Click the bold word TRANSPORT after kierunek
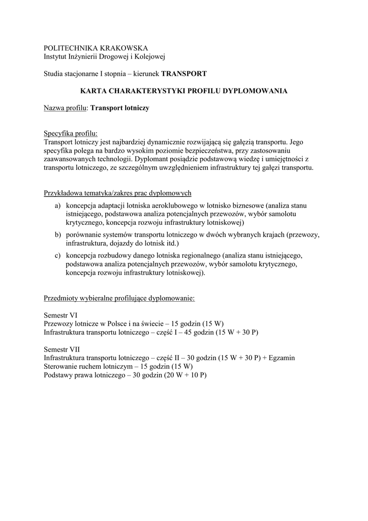[x=184, y=74]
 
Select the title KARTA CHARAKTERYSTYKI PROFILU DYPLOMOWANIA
[x=184, y=91]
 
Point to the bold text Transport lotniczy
[x=119, y=108]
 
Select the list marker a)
[x=57, y=205]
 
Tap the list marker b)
[x=57, y=235]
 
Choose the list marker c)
[x=57, y=255]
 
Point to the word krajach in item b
[x=271, y=235]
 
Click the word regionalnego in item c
[x=197, y=255]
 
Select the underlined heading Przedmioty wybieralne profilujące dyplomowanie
[x=119, y=298]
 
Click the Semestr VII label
[x=62, y=349]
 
